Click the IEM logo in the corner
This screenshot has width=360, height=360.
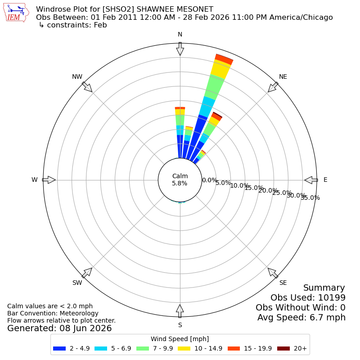[16, 13]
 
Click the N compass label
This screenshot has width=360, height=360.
[180, 35]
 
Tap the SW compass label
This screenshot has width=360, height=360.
[77, 283]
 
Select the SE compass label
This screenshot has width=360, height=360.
[283, 283]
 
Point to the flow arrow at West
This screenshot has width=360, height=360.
[49, 180]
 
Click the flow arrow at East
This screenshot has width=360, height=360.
[311, 180]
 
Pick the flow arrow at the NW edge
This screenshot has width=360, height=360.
[87, 87]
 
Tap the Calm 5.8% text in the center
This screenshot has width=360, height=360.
[180, 180]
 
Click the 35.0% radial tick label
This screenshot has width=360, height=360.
[310, 198]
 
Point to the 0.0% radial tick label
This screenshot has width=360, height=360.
[209, 180]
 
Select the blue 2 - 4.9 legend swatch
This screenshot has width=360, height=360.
[59, 348]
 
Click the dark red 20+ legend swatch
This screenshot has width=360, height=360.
[283, 348]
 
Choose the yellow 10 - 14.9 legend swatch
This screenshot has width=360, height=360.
[184, 348]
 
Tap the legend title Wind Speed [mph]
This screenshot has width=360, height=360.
[180, 339]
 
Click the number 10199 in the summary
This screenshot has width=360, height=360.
[332, 297]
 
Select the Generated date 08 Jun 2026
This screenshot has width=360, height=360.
[85, 328]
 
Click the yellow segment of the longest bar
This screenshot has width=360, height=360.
[220, 70]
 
